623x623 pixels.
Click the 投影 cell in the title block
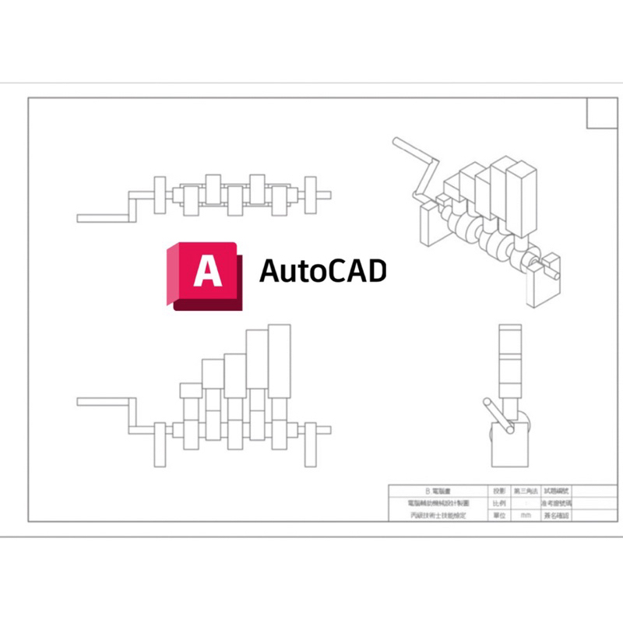tap(498, 491)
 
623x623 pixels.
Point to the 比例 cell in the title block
tap(498, 504)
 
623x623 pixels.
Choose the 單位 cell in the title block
tap(498, 516)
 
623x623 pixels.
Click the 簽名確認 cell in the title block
tap(557, 516)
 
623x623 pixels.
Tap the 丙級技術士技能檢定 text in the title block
tap(436, 516)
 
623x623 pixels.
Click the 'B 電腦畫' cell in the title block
tap(436, 491)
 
